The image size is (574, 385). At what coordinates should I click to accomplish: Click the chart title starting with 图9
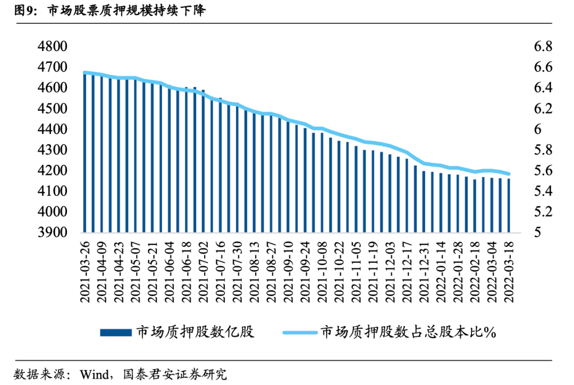[x=104, y=10]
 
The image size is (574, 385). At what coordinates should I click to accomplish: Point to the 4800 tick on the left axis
[x=52, y=47]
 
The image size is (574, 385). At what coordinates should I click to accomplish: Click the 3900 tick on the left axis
[x=52, y=232]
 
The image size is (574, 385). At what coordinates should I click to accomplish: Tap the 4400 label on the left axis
[x=52, y=129]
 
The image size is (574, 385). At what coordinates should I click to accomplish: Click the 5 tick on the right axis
[x=537, y=232]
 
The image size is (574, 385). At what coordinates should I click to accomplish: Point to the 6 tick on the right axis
[x=537, y=129]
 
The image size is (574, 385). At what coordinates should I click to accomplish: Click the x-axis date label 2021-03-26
[x=86, y=272]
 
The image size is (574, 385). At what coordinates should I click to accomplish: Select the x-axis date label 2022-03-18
[x=509, y=272]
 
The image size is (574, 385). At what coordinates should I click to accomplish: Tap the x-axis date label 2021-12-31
[x=424, y=272]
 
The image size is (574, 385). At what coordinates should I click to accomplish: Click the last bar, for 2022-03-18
[x=509, y=206]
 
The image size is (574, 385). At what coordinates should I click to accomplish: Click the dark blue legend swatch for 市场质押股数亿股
[x=115, y=332]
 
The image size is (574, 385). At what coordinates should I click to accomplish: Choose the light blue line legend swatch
[x=299, y=332]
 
